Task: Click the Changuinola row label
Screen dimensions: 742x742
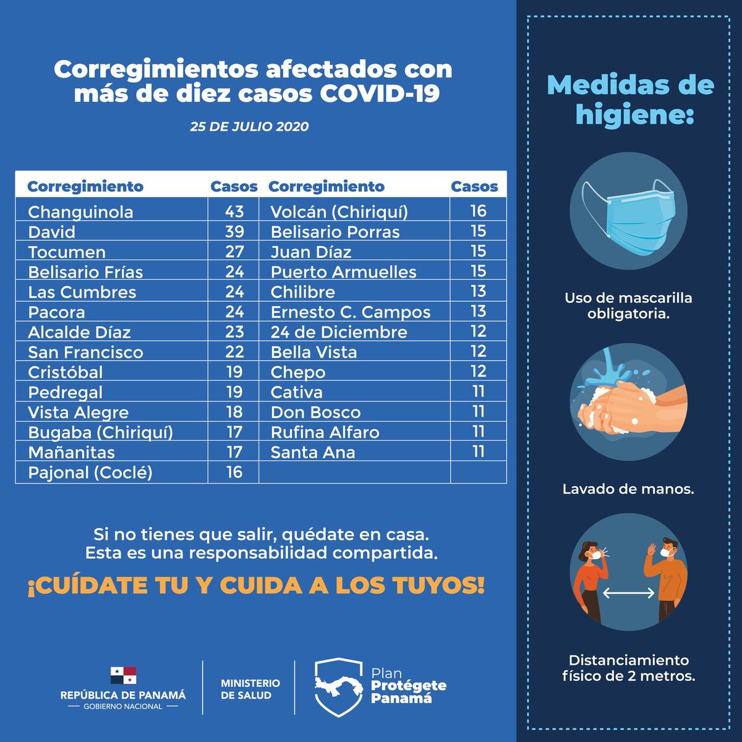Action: pyautogui.click(x=80, y=212)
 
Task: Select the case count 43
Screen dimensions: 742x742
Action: pyautogui.click(x=234, y=211)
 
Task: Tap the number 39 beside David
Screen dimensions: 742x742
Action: pyautogui.click(x=234, y=232)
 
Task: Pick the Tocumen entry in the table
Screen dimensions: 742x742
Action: pyautogui.click(x=67, y=252)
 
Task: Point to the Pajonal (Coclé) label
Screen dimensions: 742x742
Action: pyautogui.click(x=90, y=473)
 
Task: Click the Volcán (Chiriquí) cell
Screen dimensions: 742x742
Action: pyautogui.click(x=339, y=212)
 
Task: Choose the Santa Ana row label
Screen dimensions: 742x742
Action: pyautogui.click(x=313, y=453)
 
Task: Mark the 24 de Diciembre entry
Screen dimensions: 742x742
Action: pyautogui.click(x=339, y=332)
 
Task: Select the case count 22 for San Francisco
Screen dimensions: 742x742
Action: pyautogui.click(x=234, y=352)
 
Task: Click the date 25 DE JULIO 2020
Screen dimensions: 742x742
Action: pyautogui.click(x=249, y=127)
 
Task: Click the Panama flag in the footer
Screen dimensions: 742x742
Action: pyautogui.click(x=123, y=675)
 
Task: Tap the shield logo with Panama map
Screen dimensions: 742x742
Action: pyautogui.click(x=338, y=686)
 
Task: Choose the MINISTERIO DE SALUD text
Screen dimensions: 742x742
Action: pyautogui.click(x=250, y=689)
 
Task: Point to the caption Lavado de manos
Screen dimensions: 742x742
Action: pyautogui.click(x=628, y=489)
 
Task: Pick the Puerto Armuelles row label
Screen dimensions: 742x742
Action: pyautogui.click(x=344, y=272)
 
